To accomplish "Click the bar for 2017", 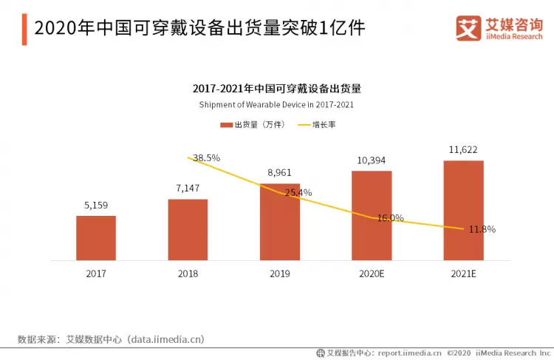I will [x=96, y=237].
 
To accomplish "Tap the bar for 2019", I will [x=280, y=222].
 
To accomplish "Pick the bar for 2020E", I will [x=372, y=215].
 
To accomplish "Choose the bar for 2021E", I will [x=463, y=210].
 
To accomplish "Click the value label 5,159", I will [x=96, y=206].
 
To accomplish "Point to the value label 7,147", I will [x=188, y=189].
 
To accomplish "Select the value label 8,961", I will [x=280, y=173].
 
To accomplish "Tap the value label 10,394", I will [x=372, y=160].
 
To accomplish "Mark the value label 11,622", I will [x=463, y=149].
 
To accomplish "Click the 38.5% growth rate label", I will [x=206, y=157].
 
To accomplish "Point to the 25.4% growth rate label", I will [x=298, y=193].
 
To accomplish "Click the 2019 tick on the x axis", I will [x=280, y=274].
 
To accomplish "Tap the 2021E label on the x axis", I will [x=463, y=274].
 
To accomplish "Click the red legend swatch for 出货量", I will [x=226, y=125].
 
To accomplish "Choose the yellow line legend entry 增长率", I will [x=317, y=125].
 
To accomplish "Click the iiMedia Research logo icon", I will [x=467, y=28].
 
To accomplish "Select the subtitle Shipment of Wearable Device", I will [x=276, y=105].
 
